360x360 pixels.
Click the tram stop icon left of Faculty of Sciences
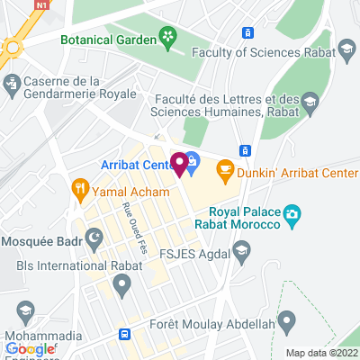pos(247,32)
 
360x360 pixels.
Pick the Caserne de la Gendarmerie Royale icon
pos(12,85)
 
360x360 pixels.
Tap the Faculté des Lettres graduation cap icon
pos(309,100)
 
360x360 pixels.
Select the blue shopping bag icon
pos(193,160)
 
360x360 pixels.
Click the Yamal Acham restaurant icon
pos(80,189)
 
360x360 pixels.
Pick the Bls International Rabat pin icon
pos(122,283)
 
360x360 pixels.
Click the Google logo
pos(31,349)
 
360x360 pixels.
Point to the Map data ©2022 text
pos(321,352)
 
